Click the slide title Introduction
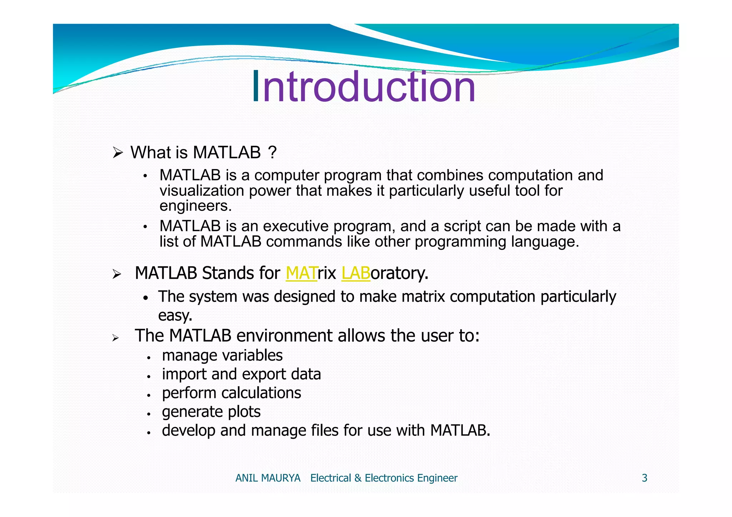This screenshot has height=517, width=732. pyautogui.click(x=364, y=87)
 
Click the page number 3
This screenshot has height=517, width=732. pyautogui.click(x=644, y=478)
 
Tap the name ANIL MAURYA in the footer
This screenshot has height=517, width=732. pyautogui.click(x=268, y=478)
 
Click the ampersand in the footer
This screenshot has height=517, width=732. pyautogui.click(x=358, y=478)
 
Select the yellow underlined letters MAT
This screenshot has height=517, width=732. pyautogui.click(x=301, y=273)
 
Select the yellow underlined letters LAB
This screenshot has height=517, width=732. pyautogui.click(x=356, y=273)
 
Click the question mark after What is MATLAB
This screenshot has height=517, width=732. pyautogui.click(x=272, y=153)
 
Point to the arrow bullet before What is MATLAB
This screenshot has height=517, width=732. pyautogui.click(x=118, y=153)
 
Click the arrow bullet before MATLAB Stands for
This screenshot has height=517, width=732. pyautogui.click(x=117, y=275)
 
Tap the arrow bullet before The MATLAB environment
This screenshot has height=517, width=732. pyautogui.click(x=115, y=338)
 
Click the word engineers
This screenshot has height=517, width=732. pyautogui.click(x=196, y=206)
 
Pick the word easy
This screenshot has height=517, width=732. pyautogui.click(x=175, y=315)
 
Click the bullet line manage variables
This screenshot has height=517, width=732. pyautogui.click(x=222, y=356)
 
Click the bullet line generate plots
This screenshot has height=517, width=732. pyautogui.click(x=211, y=412)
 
